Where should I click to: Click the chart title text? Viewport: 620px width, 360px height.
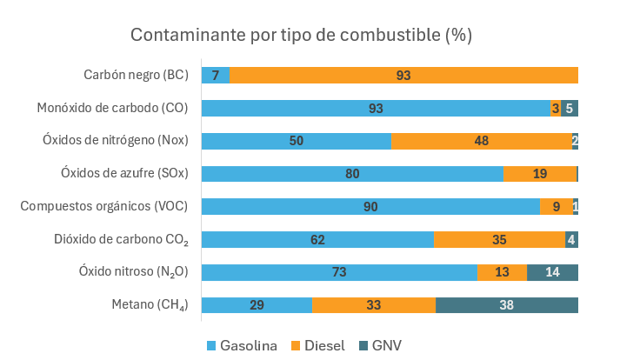(301, 36)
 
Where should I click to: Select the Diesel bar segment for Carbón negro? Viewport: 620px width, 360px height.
(403, 76)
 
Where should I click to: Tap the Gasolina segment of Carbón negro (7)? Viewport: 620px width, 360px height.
(216, 76)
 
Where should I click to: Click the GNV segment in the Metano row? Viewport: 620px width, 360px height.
(507, 305)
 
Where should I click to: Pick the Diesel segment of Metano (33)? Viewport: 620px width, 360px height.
(374, 305)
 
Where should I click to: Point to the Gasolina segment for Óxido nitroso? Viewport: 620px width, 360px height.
(339, 272)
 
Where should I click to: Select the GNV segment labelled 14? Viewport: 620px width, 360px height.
(552, 272)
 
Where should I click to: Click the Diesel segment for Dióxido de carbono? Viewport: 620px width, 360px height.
(499, 239)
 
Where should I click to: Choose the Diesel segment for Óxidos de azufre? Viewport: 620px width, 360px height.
(540, 174)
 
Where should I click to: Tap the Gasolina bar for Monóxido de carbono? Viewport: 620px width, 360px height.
(376, 109)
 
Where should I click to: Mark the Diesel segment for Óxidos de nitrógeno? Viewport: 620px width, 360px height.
(481, 141)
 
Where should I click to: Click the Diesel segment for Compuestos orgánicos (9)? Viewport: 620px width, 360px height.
(557, 207)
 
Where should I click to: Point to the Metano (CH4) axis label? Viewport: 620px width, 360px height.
(150, 305)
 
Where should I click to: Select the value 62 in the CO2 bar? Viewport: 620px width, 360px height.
(317, 239)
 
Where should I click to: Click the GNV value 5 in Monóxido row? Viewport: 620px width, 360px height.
(570, 109)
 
